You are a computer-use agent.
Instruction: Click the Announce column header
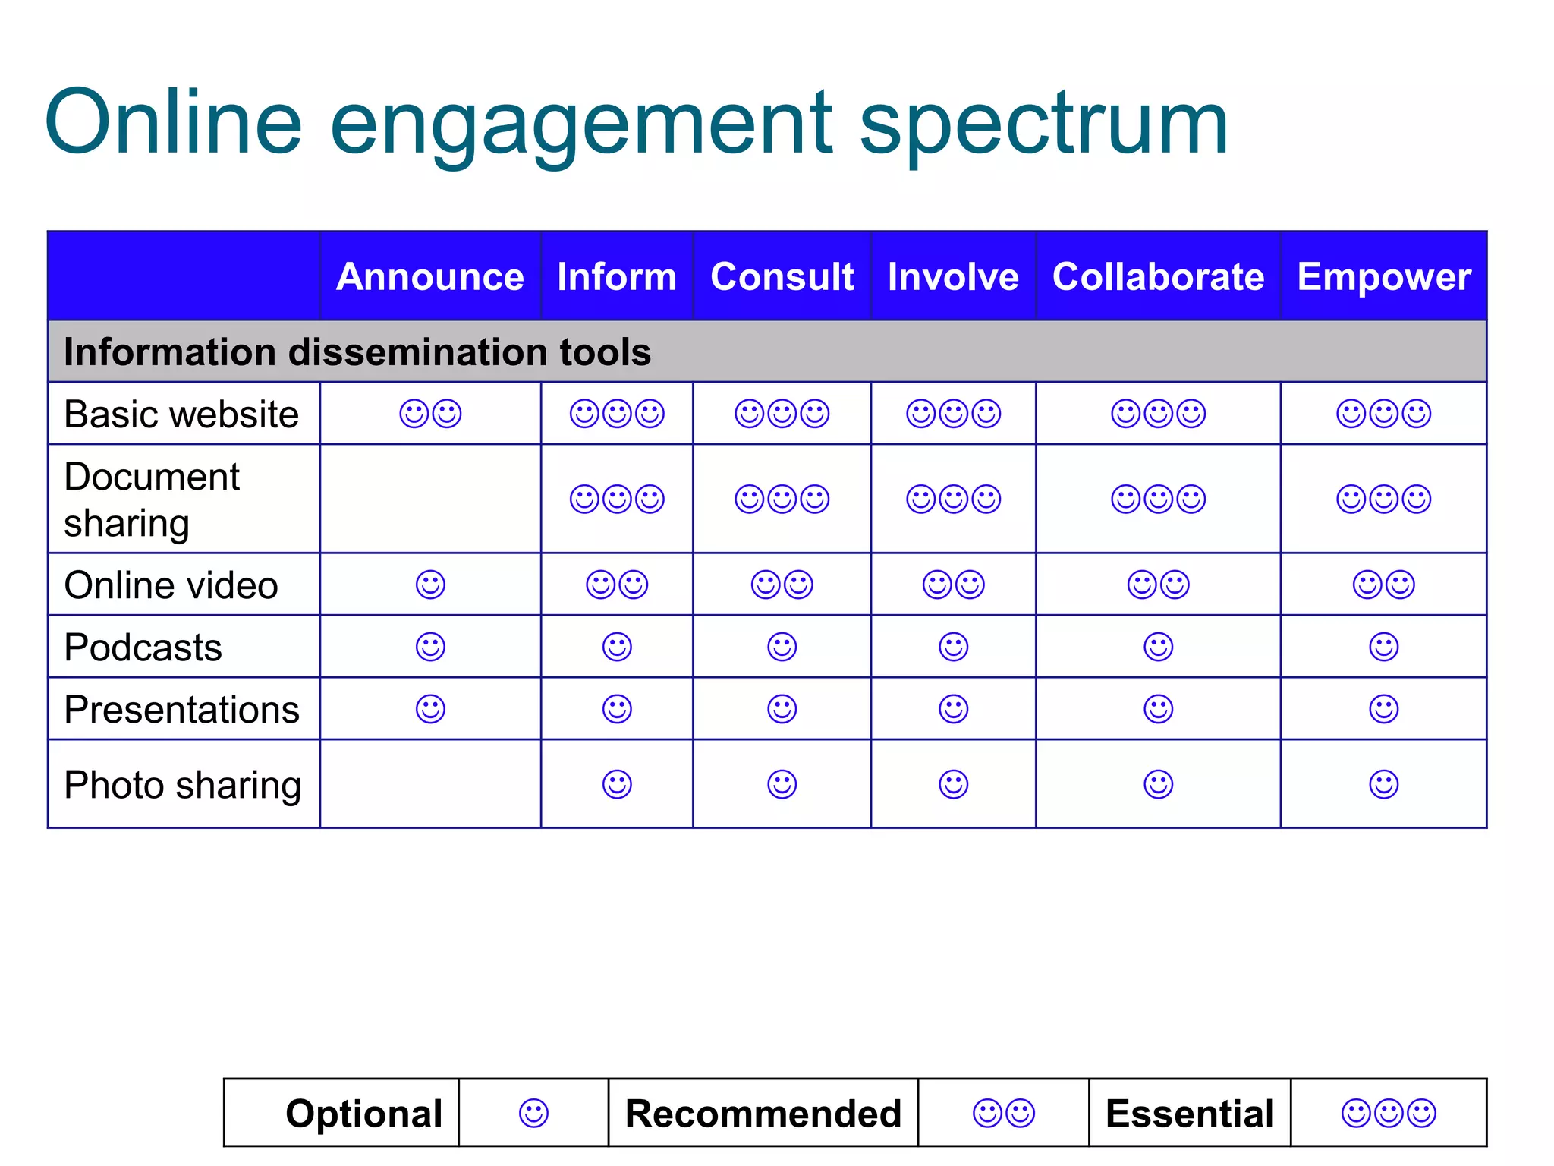(429, 276)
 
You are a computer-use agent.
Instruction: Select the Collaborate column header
(1158, 276)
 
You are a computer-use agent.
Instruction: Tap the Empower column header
(1383, 276)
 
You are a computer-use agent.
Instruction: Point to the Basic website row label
(181, 414)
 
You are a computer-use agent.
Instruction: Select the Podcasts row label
(143, 648)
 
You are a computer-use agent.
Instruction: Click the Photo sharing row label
(182, 785)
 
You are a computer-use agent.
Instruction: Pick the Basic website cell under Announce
(430, 414)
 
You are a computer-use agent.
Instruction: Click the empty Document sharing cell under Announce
(430, 499)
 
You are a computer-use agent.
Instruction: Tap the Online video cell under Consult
(782, 585)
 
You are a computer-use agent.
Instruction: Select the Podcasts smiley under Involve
(953, 648)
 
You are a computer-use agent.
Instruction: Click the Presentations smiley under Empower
(1383, 710)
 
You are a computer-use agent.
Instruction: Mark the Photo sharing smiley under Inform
(617, 785)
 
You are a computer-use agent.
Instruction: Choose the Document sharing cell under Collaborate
(1158, 499)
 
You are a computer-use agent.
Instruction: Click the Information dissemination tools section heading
(357, 352)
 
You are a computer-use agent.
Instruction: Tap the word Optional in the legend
(363, 1114)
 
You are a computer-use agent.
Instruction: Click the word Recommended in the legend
(763, 1114)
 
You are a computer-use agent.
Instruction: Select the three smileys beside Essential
(1389, 1114)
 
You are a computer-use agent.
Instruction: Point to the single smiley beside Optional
(533, 1114)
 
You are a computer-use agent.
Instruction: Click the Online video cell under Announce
(430, 585)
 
